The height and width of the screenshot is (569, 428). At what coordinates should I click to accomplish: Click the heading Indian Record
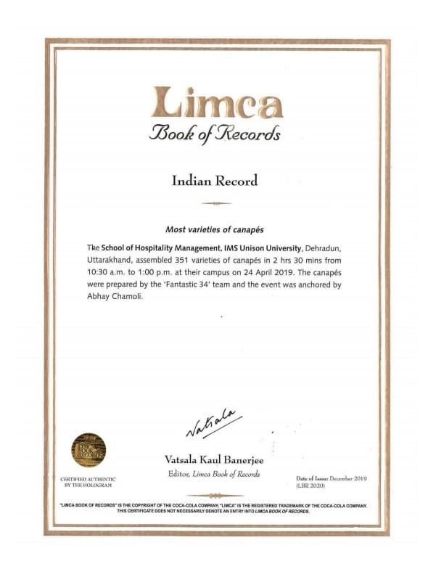coord(214,180)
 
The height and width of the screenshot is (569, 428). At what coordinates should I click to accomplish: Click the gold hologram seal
coord(89,450)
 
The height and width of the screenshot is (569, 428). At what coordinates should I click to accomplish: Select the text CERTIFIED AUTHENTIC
coord(87,479)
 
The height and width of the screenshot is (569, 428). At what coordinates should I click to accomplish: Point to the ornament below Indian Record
coord(214,202)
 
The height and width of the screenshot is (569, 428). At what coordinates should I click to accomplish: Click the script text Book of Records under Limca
coord(214,134)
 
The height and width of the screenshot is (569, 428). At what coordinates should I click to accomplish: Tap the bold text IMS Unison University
coord(253,247)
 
